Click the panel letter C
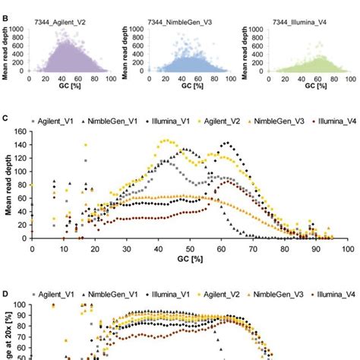5,120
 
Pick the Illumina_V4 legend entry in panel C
318,120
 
